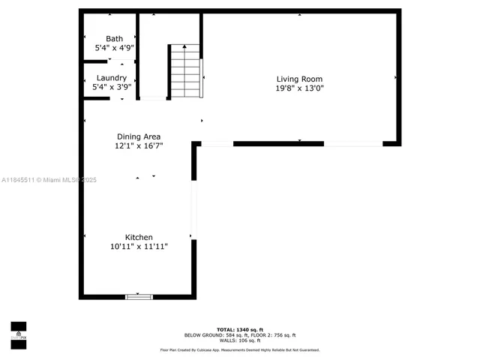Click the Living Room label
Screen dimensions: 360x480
click(299, 79)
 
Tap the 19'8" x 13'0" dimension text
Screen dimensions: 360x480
click(299, 88)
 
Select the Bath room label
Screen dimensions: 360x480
click(114, 39)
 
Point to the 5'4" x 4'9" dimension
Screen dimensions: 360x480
click(114, 48)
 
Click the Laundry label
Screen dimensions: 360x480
click(112, 78)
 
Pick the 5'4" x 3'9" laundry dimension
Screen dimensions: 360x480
click(112, 87)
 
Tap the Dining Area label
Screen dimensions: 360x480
click(139, 136)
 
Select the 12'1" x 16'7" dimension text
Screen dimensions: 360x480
click(139, 145)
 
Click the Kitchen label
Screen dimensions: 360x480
click(139, 238)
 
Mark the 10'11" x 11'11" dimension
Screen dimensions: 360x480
click(139, 247)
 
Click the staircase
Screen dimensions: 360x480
click(185, 73)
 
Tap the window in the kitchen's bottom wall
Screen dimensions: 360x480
click(139, 297)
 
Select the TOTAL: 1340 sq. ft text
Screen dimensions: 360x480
click(240, 329)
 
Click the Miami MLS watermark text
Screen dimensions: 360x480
click(49, 180)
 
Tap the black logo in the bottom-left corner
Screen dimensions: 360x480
click(18, 332)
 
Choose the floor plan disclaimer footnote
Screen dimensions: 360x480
click(240, 349)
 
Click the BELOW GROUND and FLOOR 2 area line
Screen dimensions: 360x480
click(240, 334)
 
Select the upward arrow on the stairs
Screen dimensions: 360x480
click(185, 49)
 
